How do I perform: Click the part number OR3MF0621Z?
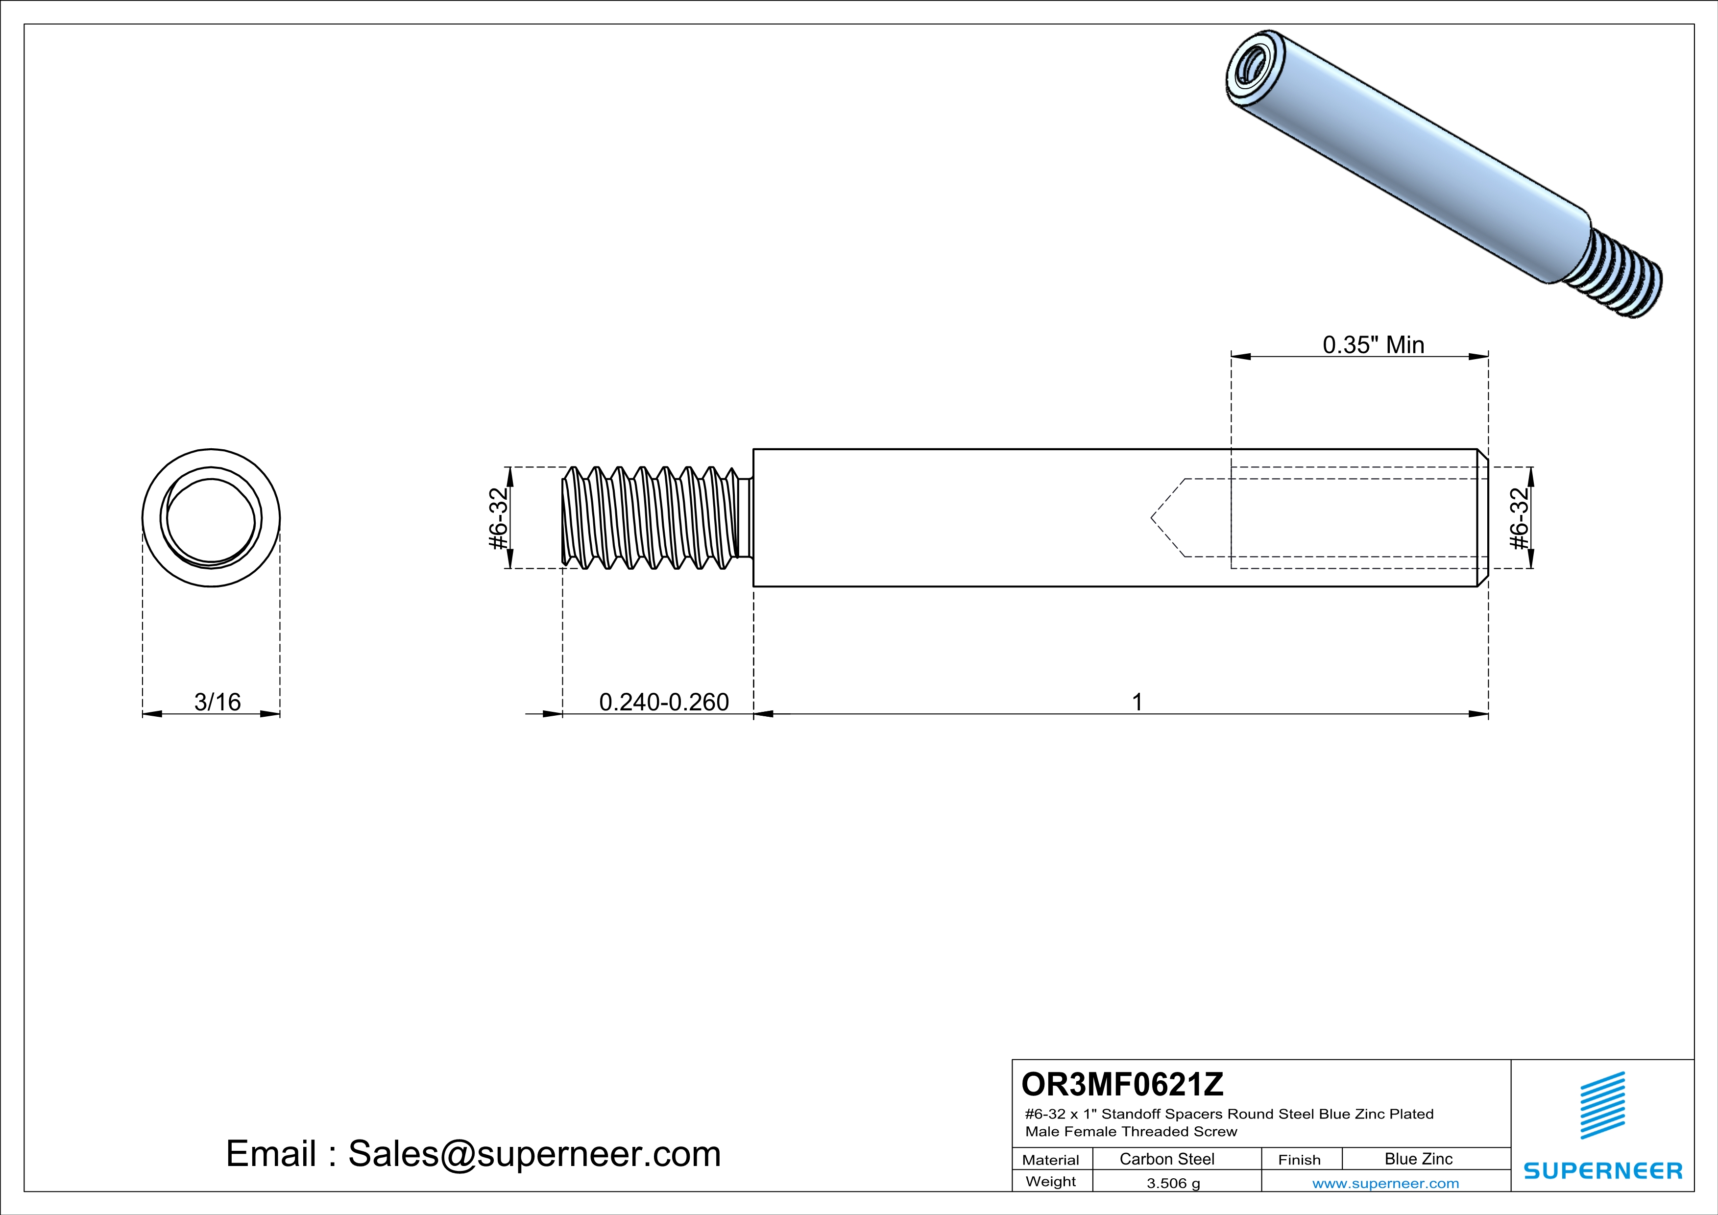point(1122,1083)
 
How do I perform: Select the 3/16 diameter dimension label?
point(217,702)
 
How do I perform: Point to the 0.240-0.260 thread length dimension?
point(664,702)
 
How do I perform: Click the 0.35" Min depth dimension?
point(1374,345)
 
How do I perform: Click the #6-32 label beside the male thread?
point(498,518)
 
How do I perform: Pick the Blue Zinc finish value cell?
point(1419,1159)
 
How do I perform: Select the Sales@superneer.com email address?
point(534,1154)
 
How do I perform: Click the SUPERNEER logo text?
point(1603,1171)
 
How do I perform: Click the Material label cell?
point(1051,1160)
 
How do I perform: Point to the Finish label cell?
point(1299,1160)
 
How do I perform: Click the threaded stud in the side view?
point(657,518)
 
